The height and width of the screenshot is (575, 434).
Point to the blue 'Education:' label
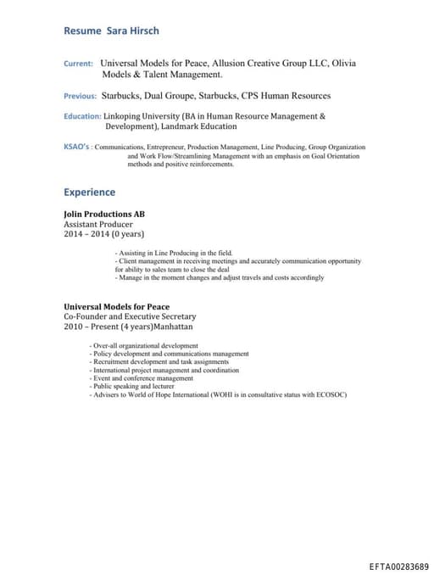click(82, 116)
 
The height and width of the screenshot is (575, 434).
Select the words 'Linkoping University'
click(141, 116)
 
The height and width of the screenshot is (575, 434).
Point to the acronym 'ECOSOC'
click(330, 395)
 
